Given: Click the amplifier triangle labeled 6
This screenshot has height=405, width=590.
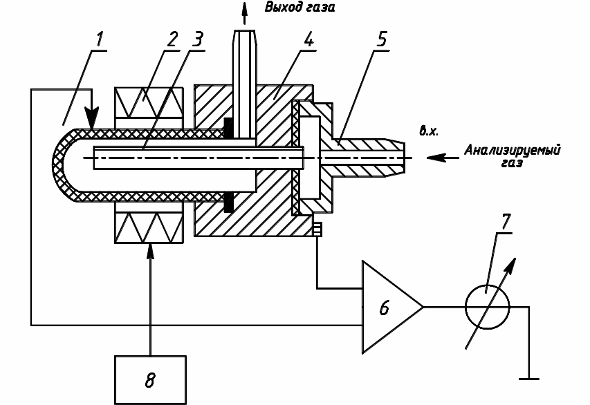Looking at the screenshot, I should pyautogui.click(x=387, y=306).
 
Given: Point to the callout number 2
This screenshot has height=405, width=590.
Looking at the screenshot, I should pyautogui.click(x=174, y=40).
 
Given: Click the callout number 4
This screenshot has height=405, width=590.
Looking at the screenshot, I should pyautogui.click(x=308, y=40).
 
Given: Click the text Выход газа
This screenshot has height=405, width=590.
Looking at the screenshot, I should pyautogui.click(x=296, y=8).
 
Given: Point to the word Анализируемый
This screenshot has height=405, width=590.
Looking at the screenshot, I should pyautogui.click(x=513, y=149).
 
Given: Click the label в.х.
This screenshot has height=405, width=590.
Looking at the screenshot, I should pyautogui.click(x=429, y=130).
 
